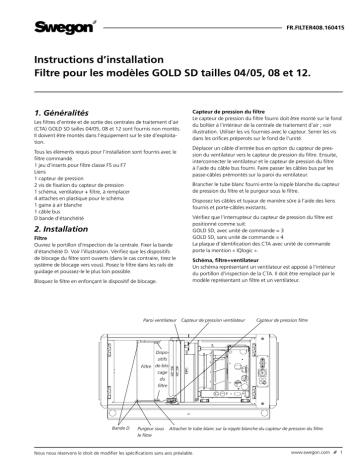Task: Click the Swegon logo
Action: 42,20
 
